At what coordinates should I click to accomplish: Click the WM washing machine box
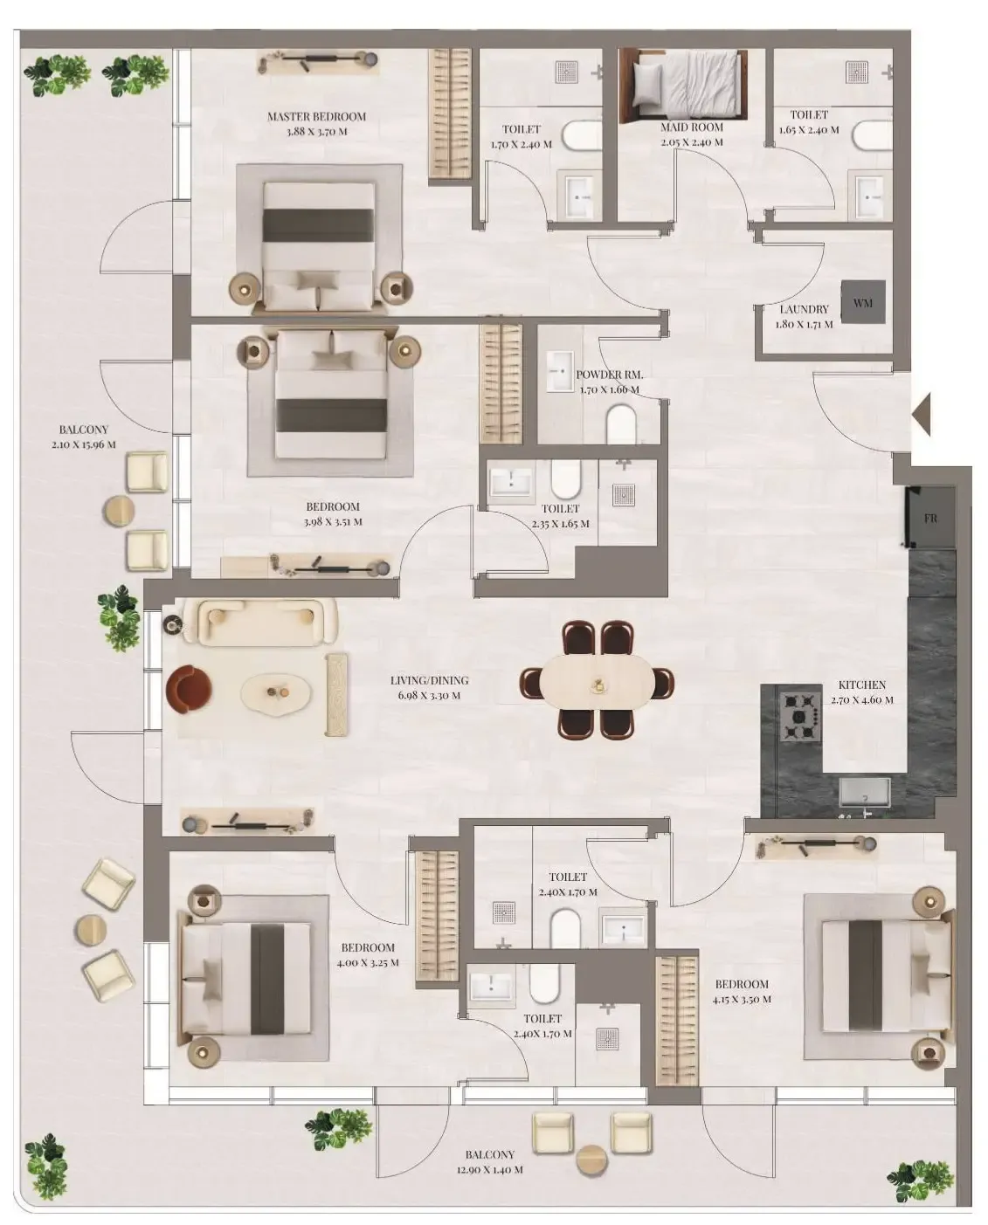tap(863, 302)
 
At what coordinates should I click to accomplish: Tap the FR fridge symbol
tap(930, 518)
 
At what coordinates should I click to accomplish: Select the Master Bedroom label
tap(316, 116)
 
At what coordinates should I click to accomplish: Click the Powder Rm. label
tap(609, 375)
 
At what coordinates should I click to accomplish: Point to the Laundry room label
tap(804, 309)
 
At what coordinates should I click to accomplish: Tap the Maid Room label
tap(691, 127)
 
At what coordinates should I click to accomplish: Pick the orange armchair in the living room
tap(190, 688)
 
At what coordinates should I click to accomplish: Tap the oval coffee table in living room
tap(277, 694)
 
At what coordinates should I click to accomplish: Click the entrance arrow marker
tap(922, 414)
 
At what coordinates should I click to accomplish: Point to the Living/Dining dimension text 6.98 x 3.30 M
tap(429, 696)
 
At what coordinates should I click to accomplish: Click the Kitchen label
tap(861, 685)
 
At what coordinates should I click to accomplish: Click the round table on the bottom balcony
tap(592, 1159)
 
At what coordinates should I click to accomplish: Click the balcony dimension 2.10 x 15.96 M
tap(83, 444)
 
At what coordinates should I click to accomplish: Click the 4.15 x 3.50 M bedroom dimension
tap(742, 999)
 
